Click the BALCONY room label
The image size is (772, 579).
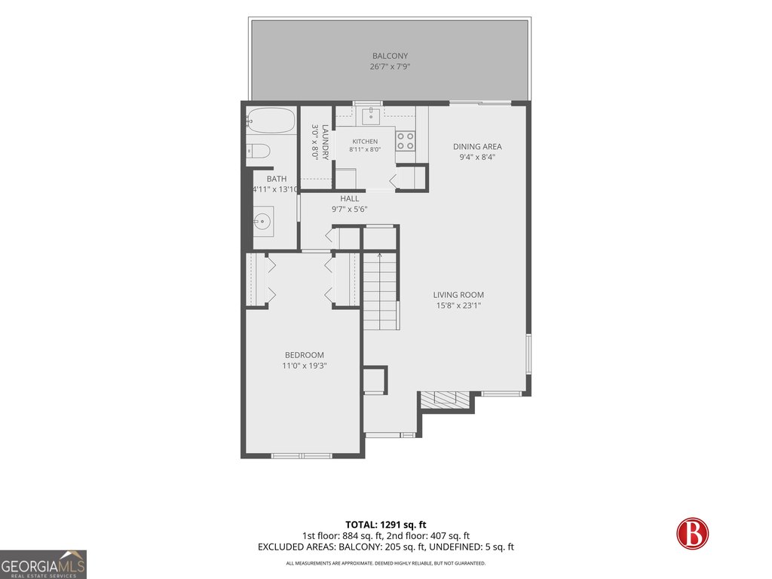[390, 56]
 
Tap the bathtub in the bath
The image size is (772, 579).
[271, 120]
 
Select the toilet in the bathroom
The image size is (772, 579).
[258, 151]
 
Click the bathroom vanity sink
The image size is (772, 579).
[263, 222]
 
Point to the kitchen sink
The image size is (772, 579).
[371, 116]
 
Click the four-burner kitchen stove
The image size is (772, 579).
[405, 140]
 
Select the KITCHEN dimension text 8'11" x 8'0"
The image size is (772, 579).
[365, 149]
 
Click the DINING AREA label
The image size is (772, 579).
[477, 146]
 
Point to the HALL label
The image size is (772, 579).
[350, 198]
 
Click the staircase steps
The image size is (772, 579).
[381, 290]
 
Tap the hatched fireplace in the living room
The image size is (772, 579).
[444, 400]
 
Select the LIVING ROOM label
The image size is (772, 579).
[458, 295]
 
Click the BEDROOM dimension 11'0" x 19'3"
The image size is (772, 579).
[305, 366]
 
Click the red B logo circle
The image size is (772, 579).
[692, 534]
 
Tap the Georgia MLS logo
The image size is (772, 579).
[43, 565]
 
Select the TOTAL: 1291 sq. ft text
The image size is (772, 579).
[386, 525]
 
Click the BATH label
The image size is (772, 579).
[277, 179]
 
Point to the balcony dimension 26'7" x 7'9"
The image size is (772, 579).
[390, 66]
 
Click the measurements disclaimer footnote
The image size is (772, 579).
[386, 563]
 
